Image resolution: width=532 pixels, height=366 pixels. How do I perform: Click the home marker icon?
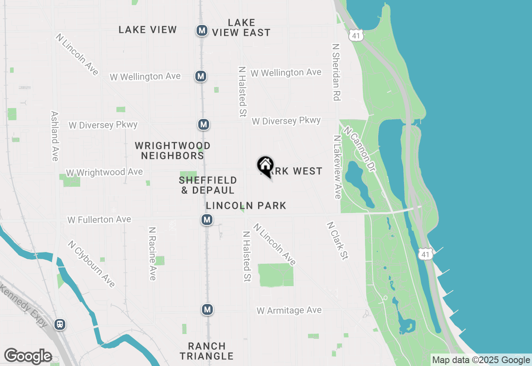[x=265, y=166]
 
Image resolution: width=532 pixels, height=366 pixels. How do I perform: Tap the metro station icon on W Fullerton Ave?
[x=207, y=220]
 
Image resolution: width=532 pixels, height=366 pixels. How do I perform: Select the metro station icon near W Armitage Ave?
[x=207, y=309]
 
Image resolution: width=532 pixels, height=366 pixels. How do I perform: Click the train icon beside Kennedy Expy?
[x=60, y=324]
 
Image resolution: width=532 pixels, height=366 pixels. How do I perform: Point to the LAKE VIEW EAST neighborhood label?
[x=241, y=27]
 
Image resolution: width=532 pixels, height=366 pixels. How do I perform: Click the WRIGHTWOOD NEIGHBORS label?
[x=172, y=151]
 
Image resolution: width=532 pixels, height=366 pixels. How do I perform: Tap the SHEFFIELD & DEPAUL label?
[x=208, y=185]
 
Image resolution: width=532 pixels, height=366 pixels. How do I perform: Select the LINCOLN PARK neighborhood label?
[x=246, y=205]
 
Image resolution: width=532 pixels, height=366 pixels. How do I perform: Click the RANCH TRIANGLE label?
[x=207, y=351]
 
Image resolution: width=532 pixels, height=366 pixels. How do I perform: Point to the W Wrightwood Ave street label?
[x=104, y=172]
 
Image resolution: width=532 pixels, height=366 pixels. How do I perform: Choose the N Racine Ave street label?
[x=153, y=253]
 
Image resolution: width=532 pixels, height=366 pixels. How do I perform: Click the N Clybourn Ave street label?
[x=91, y=264]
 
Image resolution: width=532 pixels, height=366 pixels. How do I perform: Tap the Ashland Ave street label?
[x=54, y=136]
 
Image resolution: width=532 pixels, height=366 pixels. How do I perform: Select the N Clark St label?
[x=337, y=241]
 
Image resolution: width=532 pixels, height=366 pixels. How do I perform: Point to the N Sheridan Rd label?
[x=336, y=72]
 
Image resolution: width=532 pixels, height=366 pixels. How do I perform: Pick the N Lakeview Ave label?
[x=337, y=166]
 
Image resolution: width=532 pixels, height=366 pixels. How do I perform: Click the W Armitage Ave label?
[x=289, y=310]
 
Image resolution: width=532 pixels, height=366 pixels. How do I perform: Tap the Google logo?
[x=28, y=356]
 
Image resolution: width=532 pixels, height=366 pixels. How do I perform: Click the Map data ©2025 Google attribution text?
[x=481, y=360]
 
